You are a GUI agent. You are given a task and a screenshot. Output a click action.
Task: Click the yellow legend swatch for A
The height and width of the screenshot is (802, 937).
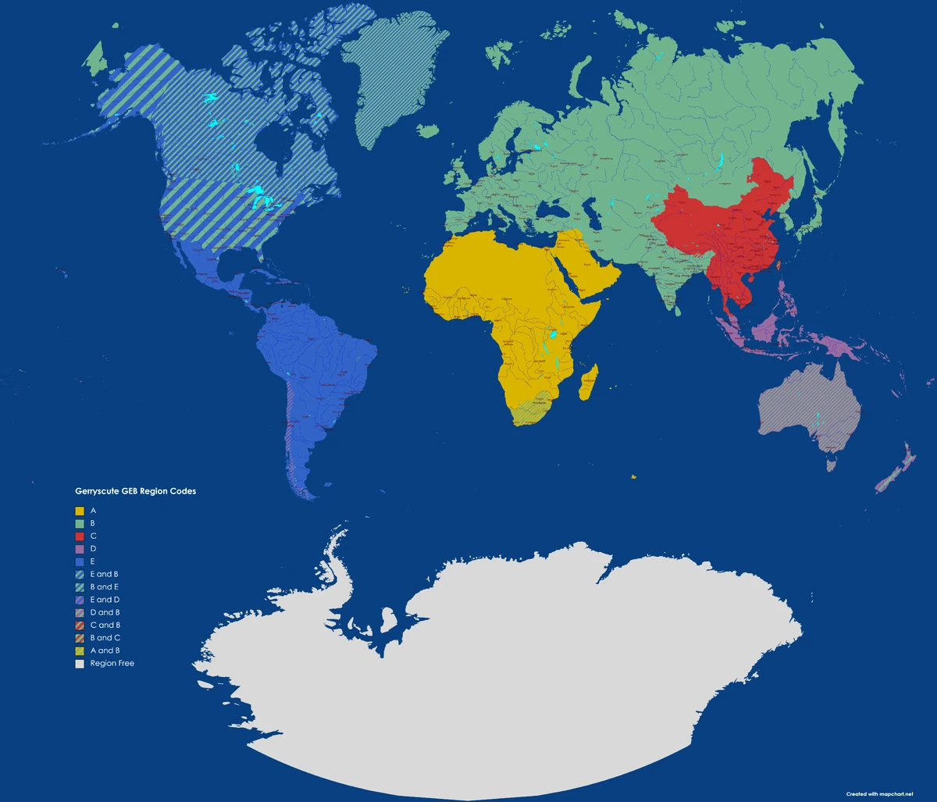click(79, 511)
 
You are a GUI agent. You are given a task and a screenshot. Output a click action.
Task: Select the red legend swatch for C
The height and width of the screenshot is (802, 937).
click(79, 536)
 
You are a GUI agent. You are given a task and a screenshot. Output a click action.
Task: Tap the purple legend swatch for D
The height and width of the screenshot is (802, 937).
click(79, 549)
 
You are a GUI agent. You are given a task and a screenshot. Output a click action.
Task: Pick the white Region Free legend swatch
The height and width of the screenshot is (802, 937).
click(79, 664)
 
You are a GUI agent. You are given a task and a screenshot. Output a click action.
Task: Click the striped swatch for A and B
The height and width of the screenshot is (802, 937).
click(79, 651)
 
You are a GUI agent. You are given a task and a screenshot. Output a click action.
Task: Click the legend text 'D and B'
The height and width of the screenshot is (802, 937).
click(105, 612)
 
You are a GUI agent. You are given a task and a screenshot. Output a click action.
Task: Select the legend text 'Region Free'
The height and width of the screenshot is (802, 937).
click(112, 664)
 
